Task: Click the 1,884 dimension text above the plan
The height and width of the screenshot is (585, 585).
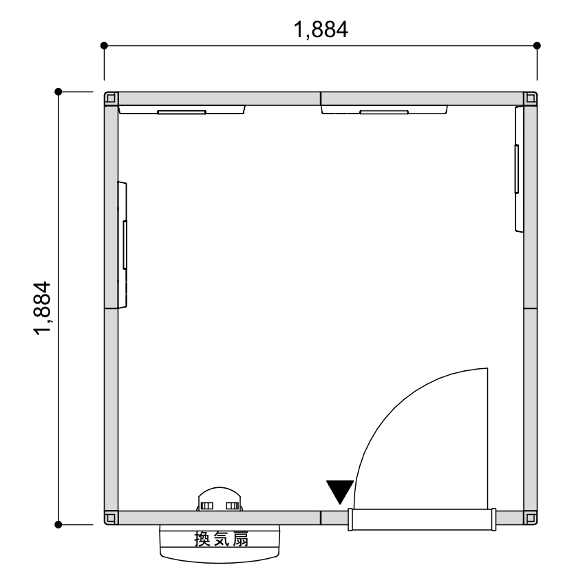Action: coord(321,30)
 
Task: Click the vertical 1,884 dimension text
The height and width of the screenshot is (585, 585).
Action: coord(42,308)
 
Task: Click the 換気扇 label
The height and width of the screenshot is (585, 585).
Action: coord(221,539)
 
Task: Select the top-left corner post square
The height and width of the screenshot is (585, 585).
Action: coord(111,98)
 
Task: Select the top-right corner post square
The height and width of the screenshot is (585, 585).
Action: coord(531,98)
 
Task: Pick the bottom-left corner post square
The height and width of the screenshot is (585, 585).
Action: coord(111,518)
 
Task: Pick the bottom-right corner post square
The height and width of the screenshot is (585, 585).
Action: coord(531,518)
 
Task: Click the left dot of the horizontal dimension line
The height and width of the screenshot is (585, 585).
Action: coord(104,45)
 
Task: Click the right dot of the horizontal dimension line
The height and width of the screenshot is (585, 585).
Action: coord(537,45)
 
